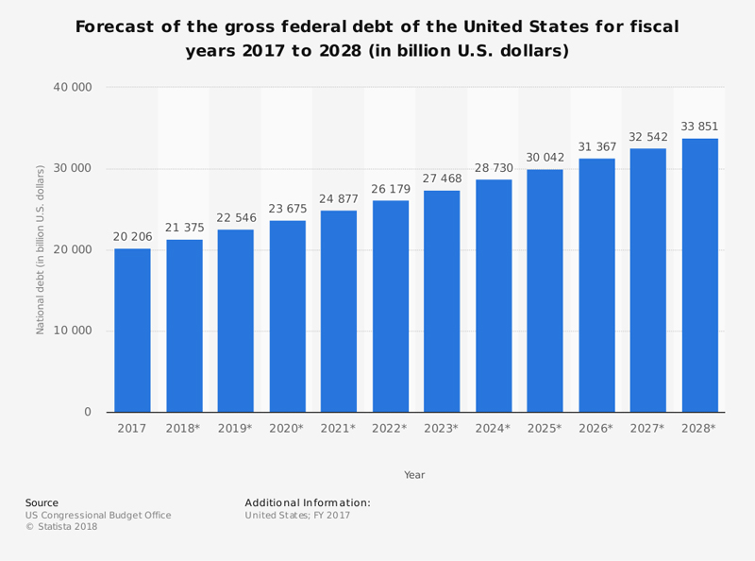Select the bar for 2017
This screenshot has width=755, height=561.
pyautogui.click(x=132, y=330)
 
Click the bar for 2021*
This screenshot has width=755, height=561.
pyautogui.click(x=339, y=311)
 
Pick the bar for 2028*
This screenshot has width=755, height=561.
pyautogui.click(x=699, y=275)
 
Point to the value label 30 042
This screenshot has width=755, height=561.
pyautogui.click(x=545, y=158)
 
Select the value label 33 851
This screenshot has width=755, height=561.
pyautogui.click(x=699, y=127)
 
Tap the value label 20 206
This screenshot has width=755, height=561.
pyautogui.click(x=132, y=236)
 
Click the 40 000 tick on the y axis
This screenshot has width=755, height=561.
pyautogui.click(x=73, y=88)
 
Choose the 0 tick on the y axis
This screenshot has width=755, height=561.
pyautogui.click(x=88, y=412)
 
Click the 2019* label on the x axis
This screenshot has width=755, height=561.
pyautogui.click(x=235, y=428)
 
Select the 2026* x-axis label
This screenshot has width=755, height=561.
pyautogui.click(x=596, y=428)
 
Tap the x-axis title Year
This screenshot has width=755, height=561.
pyautogui.click(x=414, y=475)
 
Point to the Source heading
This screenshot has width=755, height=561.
pyautogui.click(x=42, y=502)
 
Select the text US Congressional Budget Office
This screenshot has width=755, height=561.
pyautogui.click(x=98, y=515)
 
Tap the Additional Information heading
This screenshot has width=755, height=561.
pyautogui.click(x=308, y=502)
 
